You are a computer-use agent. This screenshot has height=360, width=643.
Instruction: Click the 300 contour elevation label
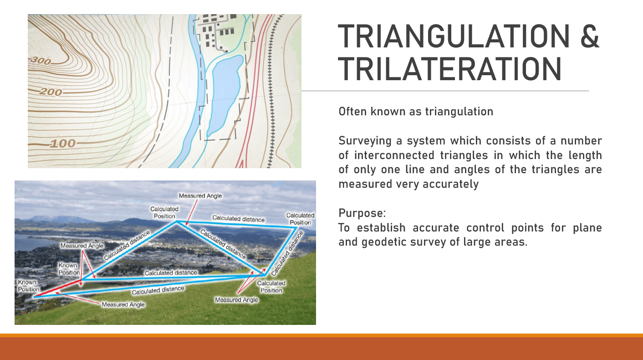[41, 60]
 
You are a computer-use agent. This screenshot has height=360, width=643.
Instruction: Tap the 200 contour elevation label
[51, 92]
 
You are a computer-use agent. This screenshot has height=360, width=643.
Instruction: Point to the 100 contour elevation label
[63, 144]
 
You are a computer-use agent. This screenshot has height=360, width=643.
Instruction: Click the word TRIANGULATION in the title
[454, 36]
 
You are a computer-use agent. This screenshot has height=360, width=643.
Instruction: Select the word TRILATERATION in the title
[449, 69]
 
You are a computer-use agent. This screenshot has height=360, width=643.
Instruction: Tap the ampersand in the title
[590, 36]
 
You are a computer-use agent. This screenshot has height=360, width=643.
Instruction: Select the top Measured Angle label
[200, 196]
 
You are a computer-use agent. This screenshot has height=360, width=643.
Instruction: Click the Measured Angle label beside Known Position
[82, 246]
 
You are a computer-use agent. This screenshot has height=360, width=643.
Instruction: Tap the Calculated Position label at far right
[300, 219]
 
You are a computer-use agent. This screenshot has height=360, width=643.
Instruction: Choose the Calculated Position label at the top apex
[164, 213]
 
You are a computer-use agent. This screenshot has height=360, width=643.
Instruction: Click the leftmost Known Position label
[28, 286]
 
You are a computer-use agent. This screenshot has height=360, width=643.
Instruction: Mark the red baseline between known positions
[57, 288]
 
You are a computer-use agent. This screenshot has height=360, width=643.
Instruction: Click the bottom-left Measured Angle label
[123, 304]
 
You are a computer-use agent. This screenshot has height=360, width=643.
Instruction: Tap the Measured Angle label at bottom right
[236, 300]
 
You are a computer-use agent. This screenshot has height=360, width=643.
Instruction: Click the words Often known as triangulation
[416, 112]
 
